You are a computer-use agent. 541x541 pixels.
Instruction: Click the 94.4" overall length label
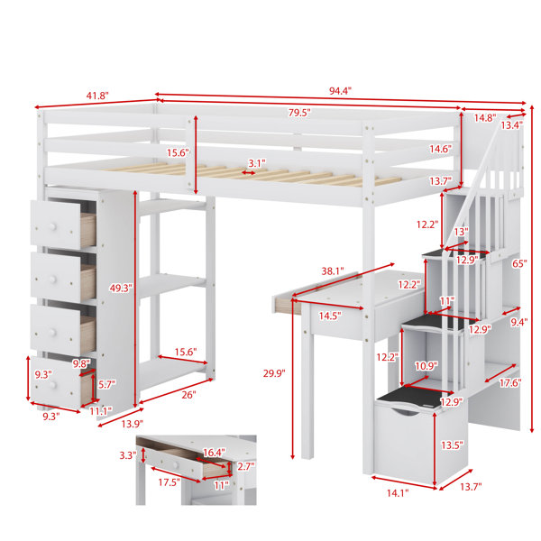click(x=340, y=91)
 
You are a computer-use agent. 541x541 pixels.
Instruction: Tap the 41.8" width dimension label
click(x=97, y=96)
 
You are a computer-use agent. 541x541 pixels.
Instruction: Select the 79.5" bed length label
click(x=299, y=113)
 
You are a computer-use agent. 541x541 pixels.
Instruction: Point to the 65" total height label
click(x=519, y=263)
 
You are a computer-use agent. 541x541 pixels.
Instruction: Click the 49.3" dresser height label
click(x=121, y=289)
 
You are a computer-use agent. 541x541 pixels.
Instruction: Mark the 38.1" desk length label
click(x=333, y=271)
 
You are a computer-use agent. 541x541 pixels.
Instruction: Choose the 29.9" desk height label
click(x=274, y=373)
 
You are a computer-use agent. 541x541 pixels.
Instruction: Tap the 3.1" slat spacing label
click(x=257, y=163)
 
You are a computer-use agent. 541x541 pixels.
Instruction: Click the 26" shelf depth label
click(x=188, y=395)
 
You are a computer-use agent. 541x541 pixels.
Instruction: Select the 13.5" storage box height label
click(x=452, y=445)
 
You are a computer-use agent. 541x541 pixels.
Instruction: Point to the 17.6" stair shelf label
click(x=510, y=382)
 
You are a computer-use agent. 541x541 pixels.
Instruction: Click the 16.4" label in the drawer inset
click(x=214, y=452)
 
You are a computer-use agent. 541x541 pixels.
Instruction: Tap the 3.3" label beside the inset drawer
click(x=128, y=455)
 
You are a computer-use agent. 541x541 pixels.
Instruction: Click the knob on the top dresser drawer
click(x=52, y=226)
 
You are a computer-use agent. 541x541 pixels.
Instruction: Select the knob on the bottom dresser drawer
click(x=53, y=384)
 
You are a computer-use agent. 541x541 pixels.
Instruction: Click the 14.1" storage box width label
click(x=398, y=493)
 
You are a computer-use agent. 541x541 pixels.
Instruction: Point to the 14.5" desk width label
click(x=330, y=316)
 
